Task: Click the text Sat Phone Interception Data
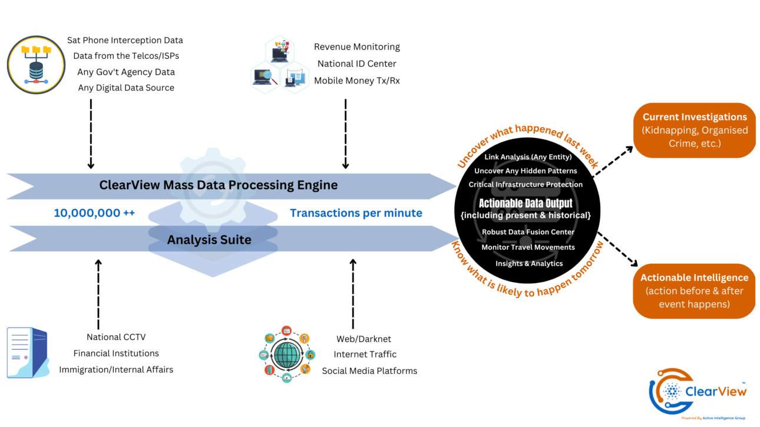click(125, 41)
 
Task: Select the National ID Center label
click(356, 64)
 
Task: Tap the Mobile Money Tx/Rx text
click(356, 81)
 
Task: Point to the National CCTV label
click(116, 337)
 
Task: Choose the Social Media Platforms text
click(369, 371)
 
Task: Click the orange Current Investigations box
click(694, 130)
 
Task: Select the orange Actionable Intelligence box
click(694, 291)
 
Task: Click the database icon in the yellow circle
click(37, 64)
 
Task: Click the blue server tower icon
click(27, 352)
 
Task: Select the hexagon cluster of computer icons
click(279, 65)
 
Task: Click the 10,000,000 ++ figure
click(94, 213)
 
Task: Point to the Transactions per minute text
click(356, 213)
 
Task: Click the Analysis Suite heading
click(209, 240)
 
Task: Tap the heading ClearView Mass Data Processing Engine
click(219, 185)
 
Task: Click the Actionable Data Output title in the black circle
click(526, 204)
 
